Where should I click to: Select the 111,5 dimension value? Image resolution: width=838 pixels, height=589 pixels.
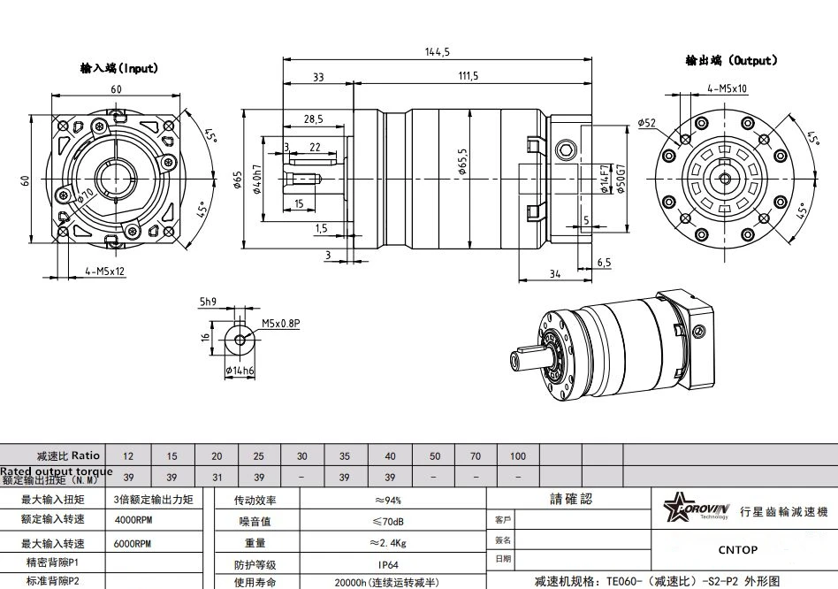[469, 77]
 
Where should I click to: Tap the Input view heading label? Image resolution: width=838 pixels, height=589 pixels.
[118, 68]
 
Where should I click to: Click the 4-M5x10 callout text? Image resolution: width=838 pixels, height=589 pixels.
[727, 88]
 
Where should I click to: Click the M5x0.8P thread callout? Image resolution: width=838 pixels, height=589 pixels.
[281, 325]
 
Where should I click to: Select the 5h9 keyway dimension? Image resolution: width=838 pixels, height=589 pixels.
[208, 302]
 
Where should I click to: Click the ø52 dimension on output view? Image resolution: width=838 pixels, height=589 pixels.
[646, 123]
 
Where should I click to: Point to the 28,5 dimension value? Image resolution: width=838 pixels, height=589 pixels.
[313, 119]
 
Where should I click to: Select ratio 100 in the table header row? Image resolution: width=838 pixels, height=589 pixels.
[518, 456]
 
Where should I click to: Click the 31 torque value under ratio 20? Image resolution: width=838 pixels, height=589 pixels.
[217, 478]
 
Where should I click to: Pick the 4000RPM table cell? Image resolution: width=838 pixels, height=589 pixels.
[133, 521]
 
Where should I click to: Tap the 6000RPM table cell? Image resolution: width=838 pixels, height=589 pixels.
[133, 543]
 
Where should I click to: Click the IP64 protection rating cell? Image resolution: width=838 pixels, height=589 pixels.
[386, 564]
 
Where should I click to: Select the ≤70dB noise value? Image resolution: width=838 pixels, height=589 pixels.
[386, 521]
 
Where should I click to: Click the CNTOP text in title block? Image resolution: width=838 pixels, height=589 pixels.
[737, 549]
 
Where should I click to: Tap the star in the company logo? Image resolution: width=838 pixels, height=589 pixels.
[680, 510]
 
